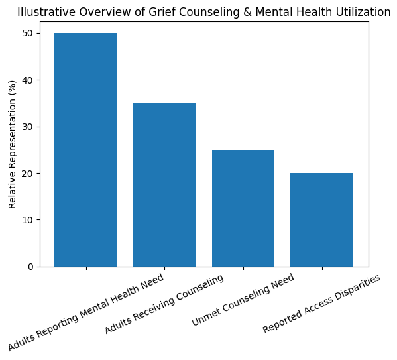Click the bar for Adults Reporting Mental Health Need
tap(85, 150)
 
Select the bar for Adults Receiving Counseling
tap(164, 185)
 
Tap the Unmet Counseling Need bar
tap(243, 208)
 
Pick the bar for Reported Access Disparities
tap(321, 219)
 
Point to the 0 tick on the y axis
tap(30, 267)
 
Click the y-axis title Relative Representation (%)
tap(13, 144)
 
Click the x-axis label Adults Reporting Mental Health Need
tap(86, 311)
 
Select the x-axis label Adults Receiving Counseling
tap(164, 304)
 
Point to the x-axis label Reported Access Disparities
tap(322, 304)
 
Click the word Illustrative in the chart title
tap(44, 12)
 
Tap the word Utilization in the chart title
tap(363, 12)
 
